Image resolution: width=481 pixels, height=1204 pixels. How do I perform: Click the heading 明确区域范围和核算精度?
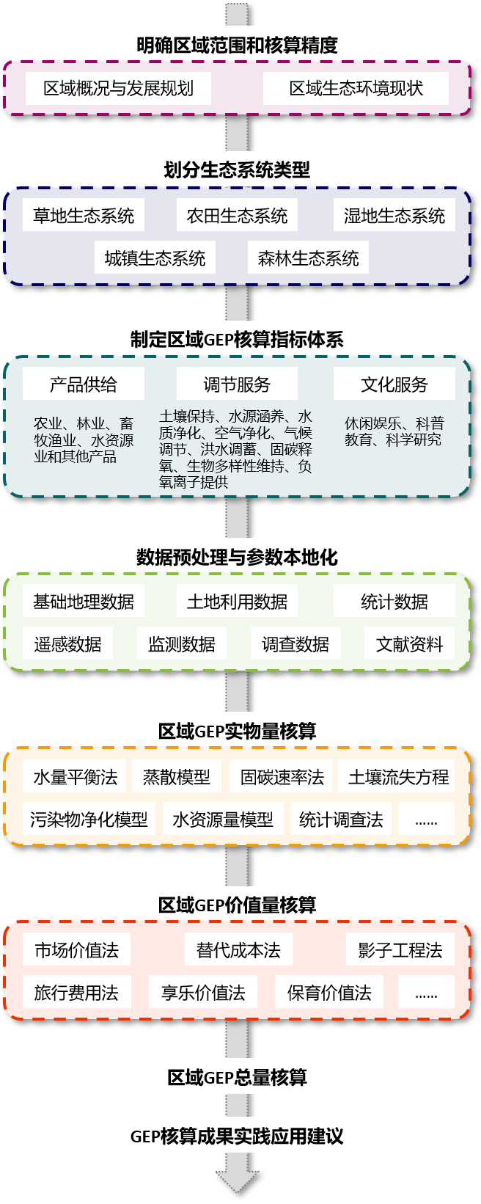[x=237, y=45]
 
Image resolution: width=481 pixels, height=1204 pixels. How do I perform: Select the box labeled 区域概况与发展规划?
[x=118, y=88]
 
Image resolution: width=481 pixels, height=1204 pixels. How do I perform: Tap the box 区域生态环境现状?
[x=356, y=88]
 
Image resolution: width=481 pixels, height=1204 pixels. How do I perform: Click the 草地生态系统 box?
[x=84, y=216]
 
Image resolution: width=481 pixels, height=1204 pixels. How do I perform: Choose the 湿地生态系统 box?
[x=394, y=216]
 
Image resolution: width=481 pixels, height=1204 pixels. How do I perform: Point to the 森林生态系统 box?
[x=308, y=258]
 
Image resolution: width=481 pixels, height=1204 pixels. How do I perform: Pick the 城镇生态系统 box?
[x=155, y=258]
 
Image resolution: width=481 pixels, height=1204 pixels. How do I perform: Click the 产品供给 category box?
[x=84, y=384]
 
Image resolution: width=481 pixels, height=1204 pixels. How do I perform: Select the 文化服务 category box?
[x=394, y=384]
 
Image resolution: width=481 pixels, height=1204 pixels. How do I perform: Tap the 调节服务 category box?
[x=237, y=384]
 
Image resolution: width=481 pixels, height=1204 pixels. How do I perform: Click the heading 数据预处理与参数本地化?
[x=237, y=557]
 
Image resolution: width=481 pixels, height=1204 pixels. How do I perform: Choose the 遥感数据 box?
[x=67, y=644]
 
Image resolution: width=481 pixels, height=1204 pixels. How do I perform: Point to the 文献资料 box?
[x=409, y=644]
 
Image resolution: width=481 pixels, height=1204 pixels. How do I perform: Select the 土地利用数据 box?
[x=237, y=602]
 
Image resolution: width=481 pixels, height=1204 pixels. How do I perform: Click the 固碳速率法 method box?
[x=282, y=777]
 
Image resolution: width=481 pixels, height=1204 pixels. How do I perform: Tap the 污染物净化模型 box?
[x=89, y=820]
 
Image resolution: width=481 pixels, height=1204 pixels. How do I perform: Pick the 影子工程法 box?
[x=400, y=950]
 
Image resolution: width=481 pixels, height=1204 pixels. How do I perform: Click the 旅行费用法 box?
[x=76, y=993]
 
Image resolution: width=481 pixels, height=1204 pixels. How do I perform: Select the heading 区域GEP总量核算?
[x=237, y=1077]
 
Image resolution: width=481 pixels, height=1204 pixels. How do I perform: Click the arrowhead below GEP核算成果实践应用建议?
[x=237, y=1180]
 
